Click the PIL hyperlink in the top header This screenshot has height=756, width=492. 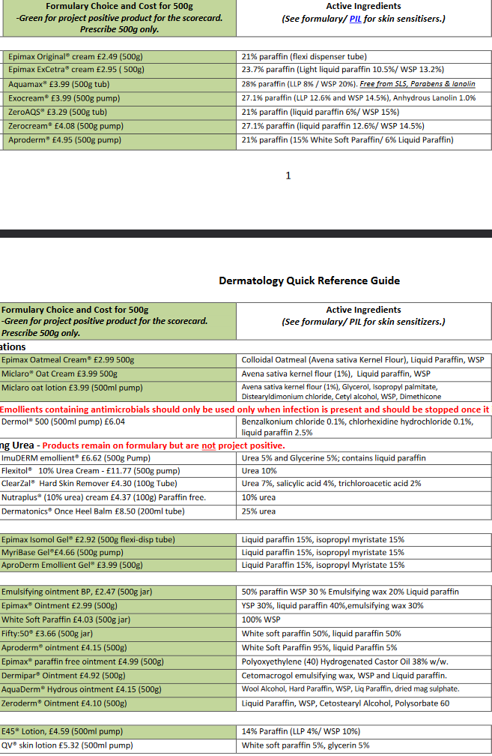[x=356, y=19]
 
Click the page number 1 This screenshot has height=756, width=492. [x=288, y=175]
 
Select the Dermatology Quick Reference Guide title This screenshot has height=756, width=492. [x=309, y=280]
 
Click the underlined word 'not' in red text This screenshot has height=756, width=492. [x=208, y=445]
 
